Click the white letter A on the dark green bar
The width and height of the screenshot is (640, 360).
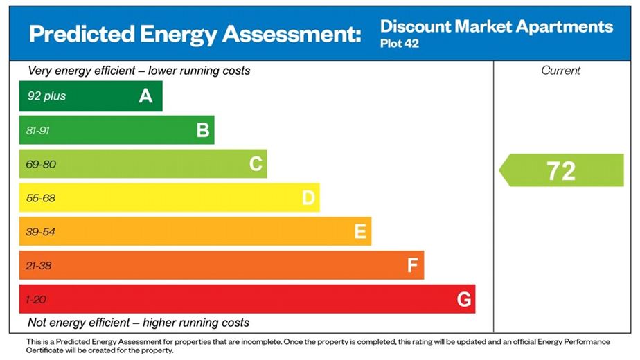tap(145, 96)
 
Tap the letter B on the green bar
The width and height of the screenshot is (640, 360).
tap(203, 130)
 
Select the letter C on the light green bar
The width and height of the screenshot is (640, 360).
tap(256, 164)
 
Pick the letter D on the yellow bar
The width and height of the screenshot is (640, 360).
tap(308, 198)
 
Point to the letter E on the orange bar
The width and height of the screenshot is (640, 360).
tap(360, 232)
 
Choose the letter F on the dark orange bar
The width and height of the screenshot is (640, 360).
tap(413, 266)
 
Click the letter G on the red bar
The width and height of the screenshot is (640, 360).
tap(464, 300)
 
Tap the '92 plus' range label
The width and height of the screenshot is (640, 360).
tap(46, 96)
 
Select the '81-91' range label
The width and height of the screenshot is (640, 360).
tap(39, 130)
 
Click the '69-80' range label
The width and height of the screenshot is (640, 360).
tap(40, 164)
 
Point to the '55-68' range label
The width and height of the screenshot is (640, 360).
tap(40, 198)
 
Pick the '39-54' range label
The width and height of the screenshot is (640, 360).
tap(40, 232)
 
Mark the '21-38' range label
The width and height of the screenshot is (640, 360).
tap(39, 266)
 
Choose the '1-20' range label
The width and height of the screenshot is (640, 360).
tap(36, 300)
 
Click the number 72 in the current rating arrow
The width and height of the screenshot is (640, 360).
tap(560, 171)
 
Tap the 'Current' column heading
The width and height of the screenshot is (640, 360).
tap(561, 71)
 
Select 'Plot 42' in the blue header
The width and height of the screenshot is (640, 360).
tap(400, 44)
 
